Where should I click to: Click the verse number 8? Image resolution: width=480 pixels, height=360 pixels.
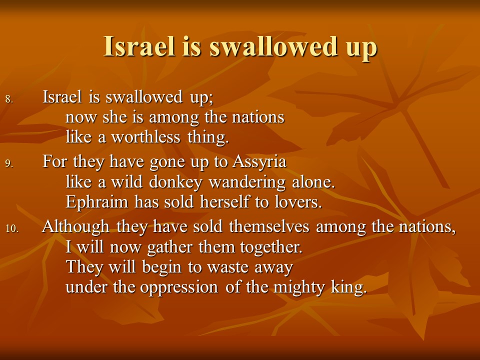pyautogui.click(x=9, y=99)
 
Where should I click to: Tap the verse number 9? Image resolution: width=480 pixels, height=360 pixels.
pyautogui.click(x=9, y=164)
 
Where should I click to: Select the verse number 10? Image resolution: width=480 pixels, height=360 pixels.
pyautogui.click(x=12, y=228)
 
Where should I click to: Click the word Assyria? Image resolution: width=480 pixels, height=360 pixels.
pyautogui.click(x=259, y=162)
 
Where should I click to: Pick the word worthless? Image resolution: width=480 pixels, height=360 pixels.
pyautogui.click(x=145, y=137)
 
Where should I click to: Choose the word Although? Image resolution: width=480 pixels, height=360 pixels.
pyautogui.click(x=76, y=227)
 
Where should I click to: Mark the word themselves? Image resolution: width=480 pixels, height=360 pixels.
pyautogui.click(x=269, y=227)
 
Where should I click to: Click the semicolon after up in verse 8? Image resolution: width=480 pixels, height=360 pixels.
pyautogui.click(x=211, y=99)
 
